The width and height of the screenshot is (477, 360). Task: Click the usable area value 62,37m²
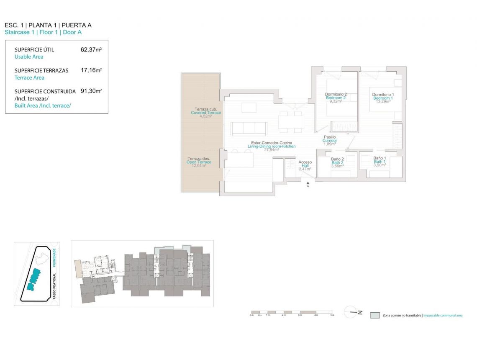point(91,49)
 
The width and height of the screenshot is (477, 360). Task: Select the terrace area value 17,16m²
point(91,70)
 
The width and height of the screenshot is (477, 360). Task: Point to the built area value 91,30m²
point(91,91)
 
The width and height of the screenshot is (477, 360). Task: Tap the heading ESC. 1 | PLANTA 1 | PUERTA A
point(48,25)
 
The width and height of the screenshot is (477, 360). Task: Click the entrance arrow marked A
point(308,184)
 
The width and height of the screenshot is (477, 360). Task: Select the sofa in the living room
point(249,129)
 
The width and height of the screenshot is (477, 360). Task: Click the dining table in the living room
point(291,121)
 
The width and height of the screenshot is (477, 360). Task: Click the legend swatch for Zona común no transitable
point(375,315)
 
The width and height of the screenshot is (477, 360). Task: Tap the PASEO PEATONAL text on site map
point(54,289)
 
